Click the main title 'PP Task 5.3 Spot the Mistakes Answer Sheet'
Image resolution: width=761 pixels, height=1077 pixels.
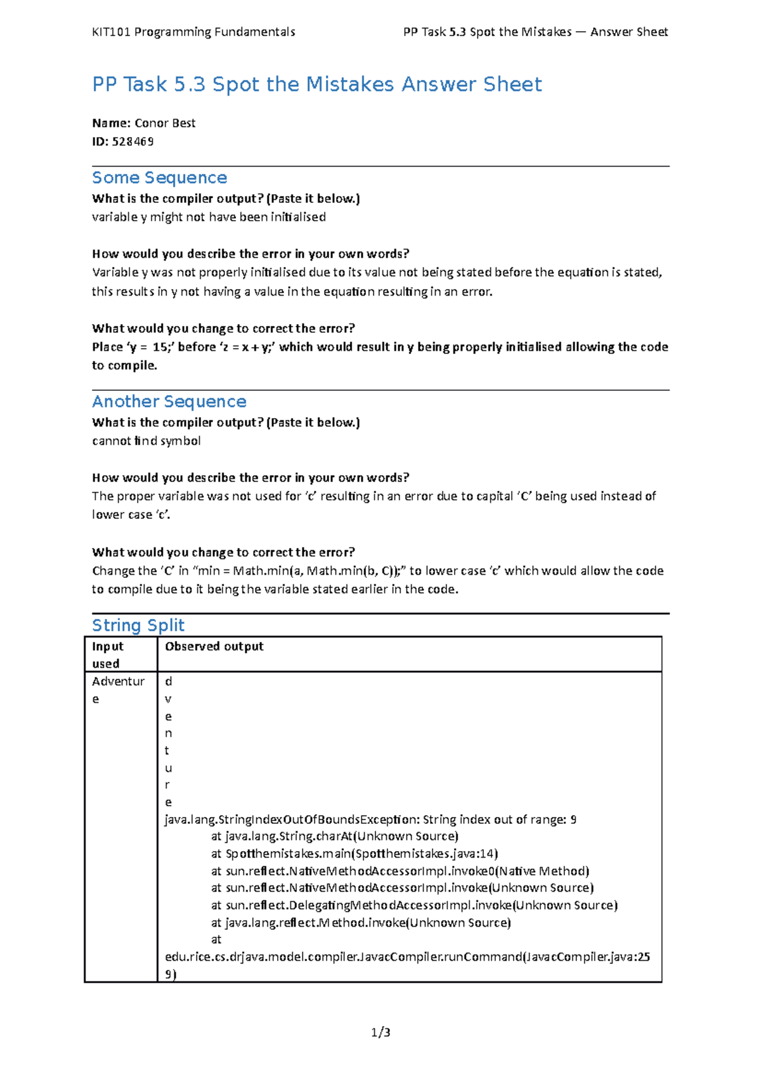316,84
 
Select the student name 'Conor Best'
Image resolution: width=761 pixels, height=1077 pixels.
165,123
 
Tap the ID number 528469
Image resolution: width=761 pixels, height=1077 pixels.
133,141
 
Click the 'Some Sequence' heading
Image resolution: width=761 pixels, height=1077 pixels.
159,178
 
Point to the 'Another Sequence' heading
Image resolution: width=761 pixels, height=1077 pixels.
169,401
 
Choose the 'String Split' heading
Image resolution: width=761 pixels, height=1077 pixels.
138,625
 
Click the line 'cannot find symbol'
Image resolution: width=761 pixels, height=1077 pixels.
146,441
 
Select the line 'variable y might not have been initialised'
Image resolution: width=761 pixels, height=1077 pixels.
209,217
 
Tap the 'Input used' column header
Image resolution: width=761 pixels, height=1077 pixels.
108,655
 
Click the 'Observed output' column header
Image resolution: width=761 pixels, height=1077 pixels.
214,646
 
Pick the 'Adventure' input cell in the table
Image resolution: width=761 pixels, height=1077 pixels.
118,689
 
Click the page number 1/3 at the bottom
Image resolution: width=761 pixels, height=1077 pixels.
380,1033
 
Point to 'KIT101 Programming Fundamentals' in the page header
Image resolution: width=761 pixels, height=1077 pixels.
193,32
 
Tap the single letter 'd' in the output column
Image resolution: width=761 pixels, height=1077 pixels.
169,682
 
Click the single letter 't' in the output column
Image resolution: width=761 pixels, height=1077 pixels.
167,751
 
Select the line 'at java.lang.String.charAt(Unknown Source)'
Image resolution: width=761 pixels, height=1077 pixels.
334,837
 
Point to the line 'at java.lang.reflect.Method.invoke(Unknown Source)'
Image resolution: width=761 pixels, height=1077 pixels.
360,923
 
